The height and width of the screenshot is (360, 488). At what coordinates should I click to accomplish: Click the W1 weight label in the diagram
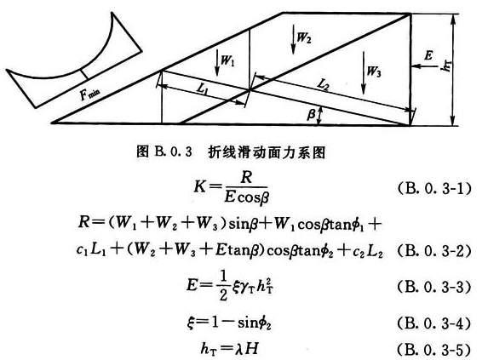tap(227, 60)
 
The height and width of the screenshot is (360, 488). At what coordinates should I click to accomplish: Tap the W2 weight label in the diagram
tap(303, 37)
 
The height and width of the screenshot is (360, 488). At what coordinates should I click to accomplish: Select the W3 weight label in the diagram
tap(374, 71)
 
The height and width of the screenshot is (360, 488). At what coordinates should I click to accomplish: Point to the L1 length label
tap(203, 89)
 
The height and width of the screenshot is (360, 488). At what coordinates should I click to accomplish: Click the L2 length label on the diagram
tap(323, 84)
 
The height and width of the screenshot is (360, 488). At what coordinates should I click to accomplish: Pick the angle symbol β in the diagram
tap(311, 114)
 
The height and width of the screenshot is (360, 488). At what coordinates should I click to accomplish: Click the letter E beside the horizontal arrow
tap(428, 55)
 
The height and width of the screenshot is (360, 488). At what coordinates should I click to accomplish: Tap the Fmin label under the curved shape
tap(90, 94)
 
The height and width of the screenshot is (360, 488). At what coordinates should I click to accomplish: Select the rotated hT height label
tap(446, 66)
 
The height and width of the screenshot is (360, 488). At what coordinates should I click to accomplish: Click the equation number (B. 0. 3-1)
tap(434, 188)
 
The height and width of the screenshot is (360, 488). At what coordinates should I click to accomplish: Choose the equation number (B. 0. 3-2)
tap(434, 251)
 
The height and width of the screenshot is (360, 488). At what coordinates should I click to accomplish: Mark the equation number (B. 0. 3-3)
tap(434, 286)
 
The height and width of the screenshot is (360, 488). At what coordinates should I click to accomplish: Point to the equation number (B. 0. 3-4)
tap(434, 323)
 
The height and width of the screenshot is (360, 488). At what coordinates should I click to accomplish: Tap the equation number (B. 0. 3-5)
tap(434, 349)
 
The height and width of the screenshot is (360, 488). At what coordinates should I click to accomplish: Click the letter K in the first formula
tap(200, 187)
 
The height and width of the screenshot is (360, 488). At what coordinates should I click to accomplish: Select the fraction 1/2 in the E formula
tap(223, 286)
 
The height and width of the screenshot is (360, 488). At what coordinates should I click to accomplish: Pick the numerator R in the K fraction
tap(246, 177)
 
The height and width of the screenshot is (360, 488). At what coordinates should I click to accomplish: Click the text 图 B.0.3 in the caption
tap(164, 151)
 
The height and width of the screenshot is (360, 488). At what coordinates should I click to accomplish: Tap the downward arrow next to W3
tap(363, 73)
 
